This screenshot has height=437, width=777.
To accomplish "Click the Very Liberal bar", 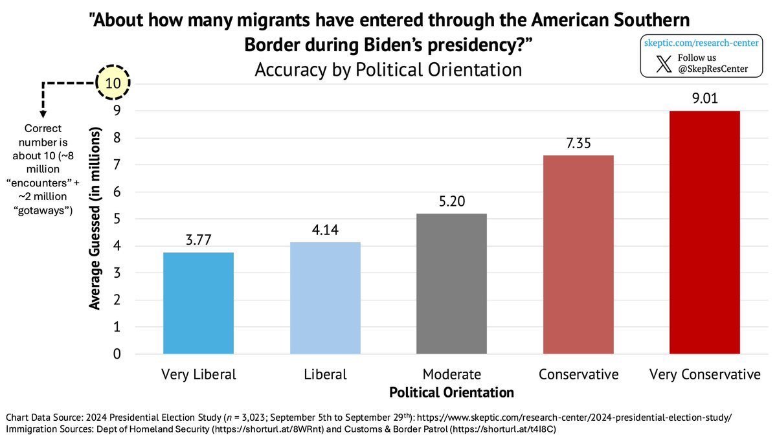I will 198,303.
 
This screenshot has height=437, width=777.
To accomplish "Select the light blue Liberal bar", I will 325,298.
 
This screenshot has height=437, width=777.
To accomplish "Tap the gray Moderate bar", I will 451,284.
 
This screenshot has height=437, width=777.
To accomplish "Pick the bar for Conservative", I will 578,254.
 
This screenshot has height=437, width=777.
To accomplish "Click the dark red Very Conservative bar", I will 704,232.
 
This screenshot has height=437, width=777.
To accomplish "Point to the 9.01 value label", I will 704,100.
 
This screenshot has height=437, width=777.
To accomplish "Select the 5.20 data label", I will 451,203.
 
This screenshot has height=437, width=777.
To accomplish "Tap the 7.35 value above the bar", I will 578,144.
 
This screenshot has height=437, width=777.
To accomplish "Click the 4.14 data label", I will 325,231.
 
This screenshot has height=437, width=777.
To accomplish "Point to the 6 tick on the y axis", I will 117,192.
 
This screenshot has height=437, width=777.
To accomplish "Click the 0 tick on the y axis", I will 117,354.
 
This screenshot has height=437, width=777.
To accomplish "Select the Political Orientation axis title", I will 451,392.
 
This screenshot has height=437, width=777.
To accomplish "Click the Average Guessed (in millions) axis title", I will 95,219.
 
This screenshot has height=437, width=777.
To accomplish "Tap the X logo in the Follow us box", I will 664,63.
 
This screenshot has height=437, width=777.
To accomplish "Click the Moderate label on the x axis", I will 451,374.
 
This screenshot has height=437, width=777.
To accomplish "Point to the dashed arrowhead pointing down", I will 43,114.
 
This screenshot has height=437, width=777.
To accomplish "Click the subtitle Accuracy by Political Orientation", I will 388,69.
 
